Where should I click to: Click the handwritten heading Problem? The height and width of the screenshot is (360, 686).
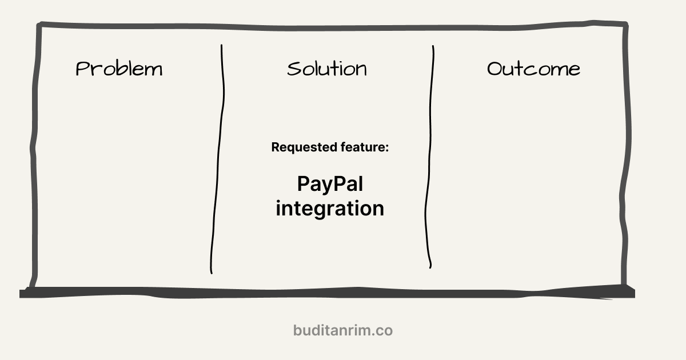pyautogui.click(x=119, y=69)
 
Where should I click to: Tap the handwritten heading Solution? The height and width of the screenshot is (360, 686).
pyautogui.click(x=326, y=69)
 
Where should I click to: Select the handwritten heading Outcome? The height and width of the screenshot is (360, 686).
pyautogui.click(x=533, y=69)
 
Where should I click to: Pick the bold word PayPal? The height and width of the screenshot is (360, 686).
pyautogui.click(x=330, y=184)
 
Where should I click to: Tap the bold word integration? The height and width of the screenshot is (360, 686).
pyautogui.click(x=330, y=208)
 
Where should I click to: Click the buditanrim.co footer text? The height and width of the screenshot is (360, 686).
pyautogui.click(x=343, y=330)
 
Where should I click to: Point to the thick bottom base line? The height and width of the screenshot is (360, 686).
pyautogui.click(x=326, y=293)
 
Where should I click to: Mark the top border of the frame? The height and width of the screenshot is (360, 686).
pyautogui.click(x=332, y=26)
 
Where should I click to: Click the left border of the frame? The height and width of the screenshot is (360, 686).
pyautogui.click(x=35, y=154)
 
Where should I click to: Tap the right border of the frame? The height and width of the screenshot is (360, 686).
pyautogui.click(x=628, y=154)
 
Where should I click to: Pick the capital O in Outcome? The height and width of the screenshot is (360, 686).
pyautogui.click(x=495, y=69)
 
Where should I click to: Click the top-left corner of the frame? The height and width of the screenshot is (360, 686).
pyautogui.click(x=39, y=26)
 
